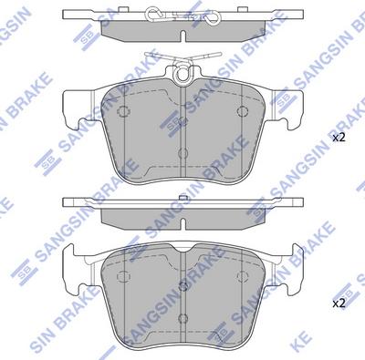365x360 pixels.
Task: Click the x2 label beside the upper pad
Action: pyautogui.click(x=339, y=138)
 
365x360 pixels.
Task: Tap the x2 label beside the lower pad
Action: pyautogui.click(x=339, y=303)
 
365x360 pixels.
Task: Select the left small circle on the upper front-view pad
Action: pyautogui.click(x=123, y=111)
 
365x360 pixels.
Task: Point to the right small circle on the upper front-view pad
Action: pyautogui.click(x=243, y=111)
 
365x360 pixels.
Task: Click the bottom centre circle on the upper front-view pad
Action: pyautogui.click(x=182, y=153)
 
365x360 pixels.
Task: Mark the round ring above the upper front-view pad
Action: pyautogui.click(x=183, y=73)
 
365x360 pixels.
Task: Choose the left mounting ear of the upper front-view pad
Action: pyautogui.click(x=78, y=108)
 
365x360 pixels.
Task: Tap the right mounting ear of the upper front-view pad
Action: pyautogui.click(x=287, y=108)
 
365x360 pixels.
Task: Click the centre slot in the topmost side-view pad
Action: pyautogui.click(x=183, y=36)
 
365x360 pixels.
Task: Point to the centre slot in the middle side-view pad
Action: pyautogui.click(x=183, y=224)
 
